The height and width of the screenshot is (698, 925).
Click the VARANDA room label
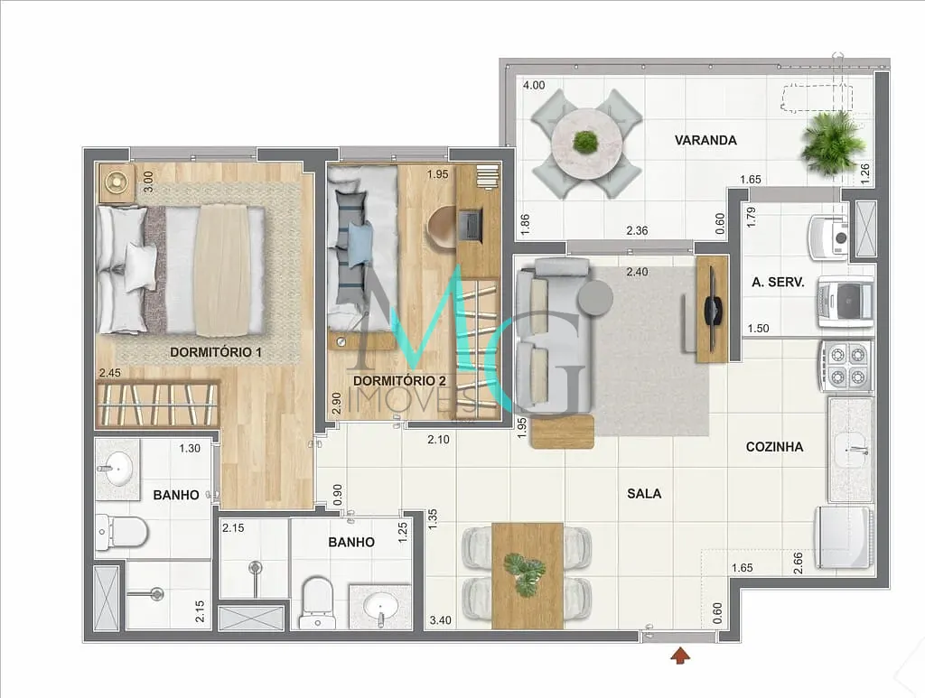705,140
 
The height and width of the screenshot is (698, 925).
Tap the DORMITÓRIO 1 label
216,352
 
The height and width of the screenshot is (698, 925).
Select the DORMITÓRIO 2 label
399,380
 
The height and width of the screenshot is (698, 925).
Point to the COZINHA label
774,447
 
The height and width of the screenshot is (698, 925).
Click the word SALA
644,494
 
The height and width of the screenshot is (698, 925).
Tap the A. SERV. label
778,282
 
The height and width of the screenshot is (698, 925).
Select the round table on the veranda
586,142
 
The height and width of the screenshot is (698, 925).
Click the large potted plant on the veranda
831,142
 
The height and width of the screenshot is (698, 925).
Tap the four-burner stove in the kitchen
846,366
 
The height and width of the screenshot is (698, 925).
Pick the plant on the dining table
526,573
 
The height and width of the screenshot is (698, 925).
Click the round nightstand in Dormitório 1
116,181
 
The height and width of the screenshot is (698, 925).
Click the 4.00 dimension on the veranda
534,86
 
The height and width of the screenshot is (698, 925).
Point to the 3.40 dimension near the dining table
442,620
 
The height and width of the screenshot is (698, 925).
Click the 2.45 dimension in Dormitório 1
110,371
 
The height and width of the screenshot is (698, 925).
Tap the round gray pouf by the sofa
595,298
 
